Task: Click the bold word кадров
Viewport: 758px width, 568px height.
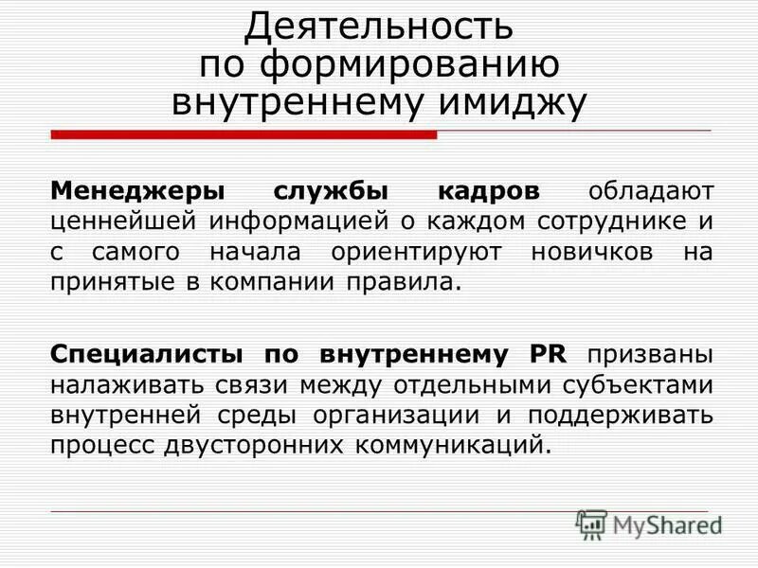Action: (489, 192)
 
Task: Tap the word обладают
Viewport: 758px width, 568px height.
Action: (649, 192)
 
